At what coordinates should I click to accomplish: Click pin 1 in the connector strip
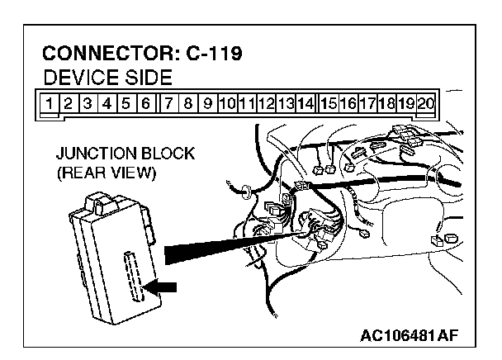pos(51,104)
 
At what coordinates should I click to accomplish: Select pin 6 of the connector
pos(145,104)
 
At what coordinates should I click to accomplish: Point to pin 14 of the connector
pos(305,104)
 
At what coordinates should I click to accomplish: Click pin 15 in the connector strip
pos(328,104)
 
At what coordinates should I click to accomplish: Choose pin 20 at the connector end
pos(426,104)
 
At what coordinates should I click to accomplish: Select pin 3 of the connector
pos(89,104)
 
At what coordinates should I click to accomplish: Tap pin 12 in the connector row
pos(266,104)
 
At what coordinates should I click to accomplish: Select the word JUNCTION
pos(94,154)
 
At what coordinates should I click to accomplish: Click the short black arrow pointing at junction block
pos(162,287)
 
